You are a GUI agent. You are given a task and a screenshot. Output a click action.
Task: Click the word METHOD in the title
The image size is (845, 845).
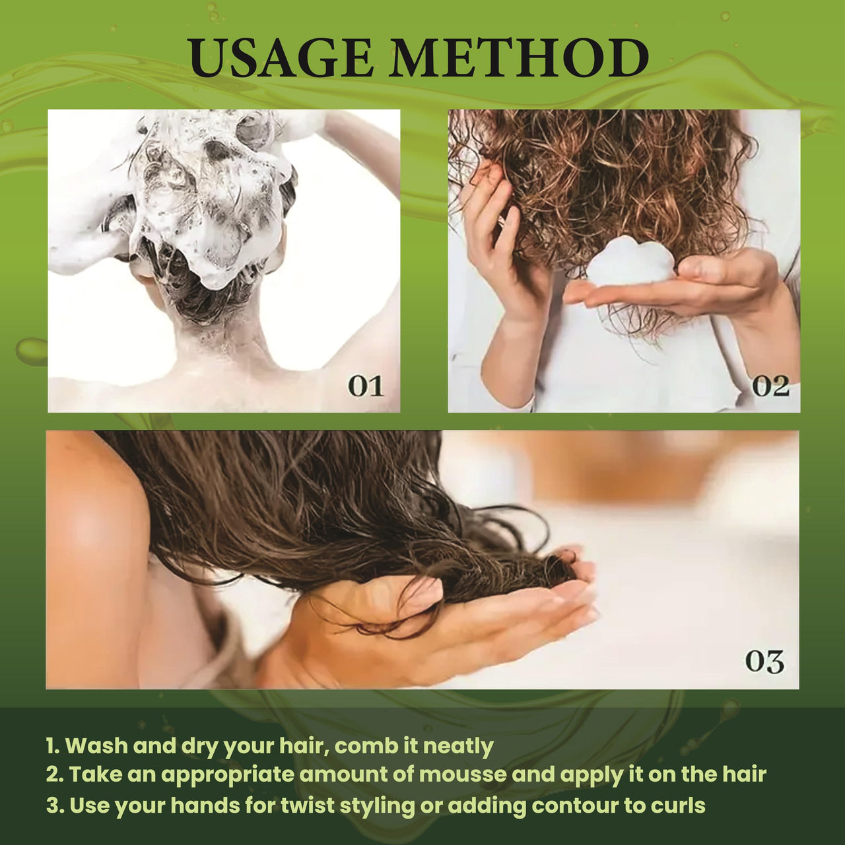(x=520, y=58)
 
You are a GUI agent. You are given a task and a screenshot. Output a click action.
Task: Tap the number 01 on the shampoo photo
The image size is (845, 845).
(x=366, y=386)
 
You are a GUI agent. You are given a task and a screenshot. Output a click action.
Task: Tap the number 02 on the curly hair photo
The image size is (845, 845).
(x=770, y=386)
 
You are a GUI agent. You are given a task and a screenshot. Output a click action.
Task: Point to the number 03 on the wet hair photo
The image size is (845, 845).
(x=764, y=661)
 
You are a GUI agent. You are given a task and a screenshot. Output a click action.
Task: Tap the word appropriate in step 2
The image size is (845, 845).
(x=226, y=776)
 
